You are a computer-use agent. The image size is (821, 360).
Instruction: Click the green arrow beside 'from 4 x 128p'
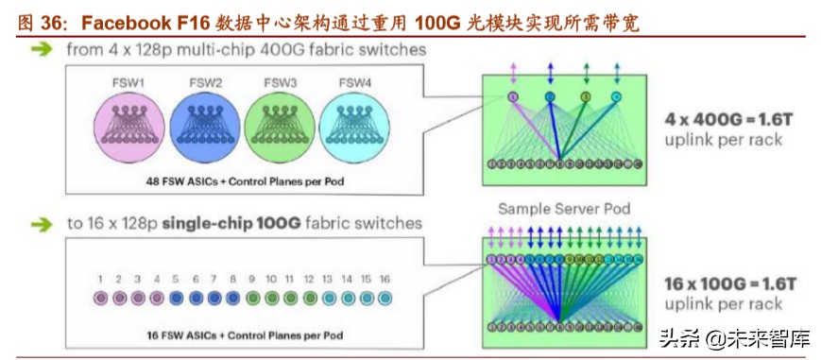pyautogui.click(x=41, y=48)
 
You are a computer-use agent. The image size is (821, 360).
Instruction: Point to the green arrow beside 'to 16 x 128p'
pyautogui.click(x=41, y=224)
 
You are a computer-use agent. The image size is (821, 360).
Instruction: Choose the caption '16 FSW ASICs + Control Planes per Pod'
pyautogui.click(x=244, y=334)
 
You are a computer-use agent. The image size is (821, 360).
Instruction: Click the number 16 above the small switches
pyautogui.click(x=385, y=280)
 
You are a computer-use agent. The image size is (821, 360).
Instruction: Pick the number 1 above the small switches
pyautogui.click(x=99, y=280)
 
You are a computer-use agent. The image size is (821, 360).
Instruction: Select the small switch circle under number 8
pyautogui.click(x=232, y=298)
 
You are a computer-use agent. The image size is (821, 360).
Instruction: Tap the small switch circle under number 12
pyautogui.click(x=309, y=298)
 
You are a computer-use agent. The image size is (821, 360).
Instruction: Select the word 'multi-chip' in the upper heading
pyautogui.click(x=204, y=48)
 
